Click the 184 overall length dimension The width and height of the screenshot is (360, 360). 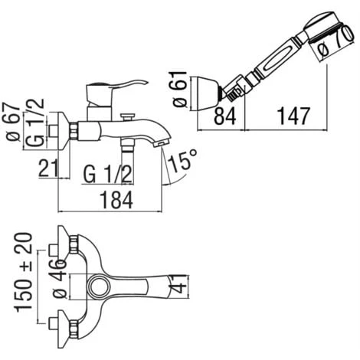coord(116,200)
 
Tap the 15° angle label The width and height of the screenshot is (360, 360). coord(182,160)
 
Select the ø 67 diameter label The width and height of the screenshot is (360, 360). coord(13,122)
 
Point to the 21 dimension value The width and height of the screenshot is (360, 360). coord(48,168)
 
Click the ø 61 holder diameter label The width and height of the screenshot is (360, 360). coord(180,89)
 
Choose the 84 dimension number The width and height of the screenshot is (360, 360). coord(224,116)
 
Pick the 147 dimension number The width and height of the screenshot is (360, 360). coord(293,116)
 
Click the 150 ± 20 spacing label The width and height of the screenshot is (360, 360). coord(25,272)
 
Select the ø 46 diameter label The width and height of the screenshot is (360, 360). coord(60,279)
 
